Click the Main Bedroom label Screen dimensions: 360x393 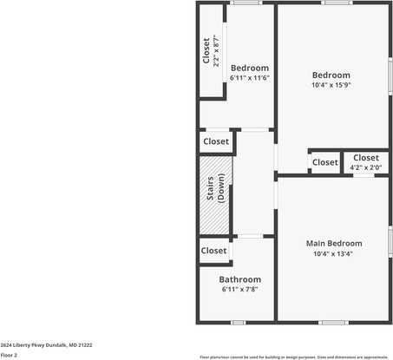(x=334, y=244)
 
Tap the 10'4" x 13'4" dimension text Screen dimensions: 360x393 (x=334, y=254)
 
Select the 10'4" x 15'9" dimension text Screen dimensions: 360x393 (x=331, y=85)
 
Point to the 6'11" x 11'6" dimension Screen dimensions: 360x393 (x=250, y=78)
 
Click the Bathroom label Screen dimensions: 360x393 (x=239, y=279)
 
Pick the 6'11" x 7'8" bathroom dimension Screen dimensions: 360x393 (x=239, y=289)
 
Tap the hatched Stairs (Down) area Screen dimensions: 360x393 (x=216, y=195)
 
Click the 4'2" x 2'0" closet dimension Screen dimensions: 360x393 (x=365, y=167)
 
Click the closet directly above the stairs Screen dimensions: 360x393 (x=216, y=141)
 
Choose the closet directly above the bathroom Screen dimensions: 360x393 (x=213, y=251)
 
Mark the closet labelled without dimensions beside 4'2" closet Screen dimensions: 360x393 (x=324, y=162)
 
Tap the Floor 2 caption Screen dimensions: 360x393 (x=9, y=355)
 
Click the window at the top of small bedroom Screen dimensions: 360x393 (x=246, y=3)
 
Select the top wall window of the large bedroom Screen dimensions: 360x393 (x=337, y=3)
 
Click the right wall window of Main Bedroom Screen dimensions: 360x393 (x=390, y=239)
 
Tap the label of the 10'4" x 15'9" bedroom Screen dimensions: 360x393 (x=331, y=75)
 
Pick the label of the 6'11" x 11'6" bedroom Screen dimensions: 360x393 (x=250, y=68)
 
